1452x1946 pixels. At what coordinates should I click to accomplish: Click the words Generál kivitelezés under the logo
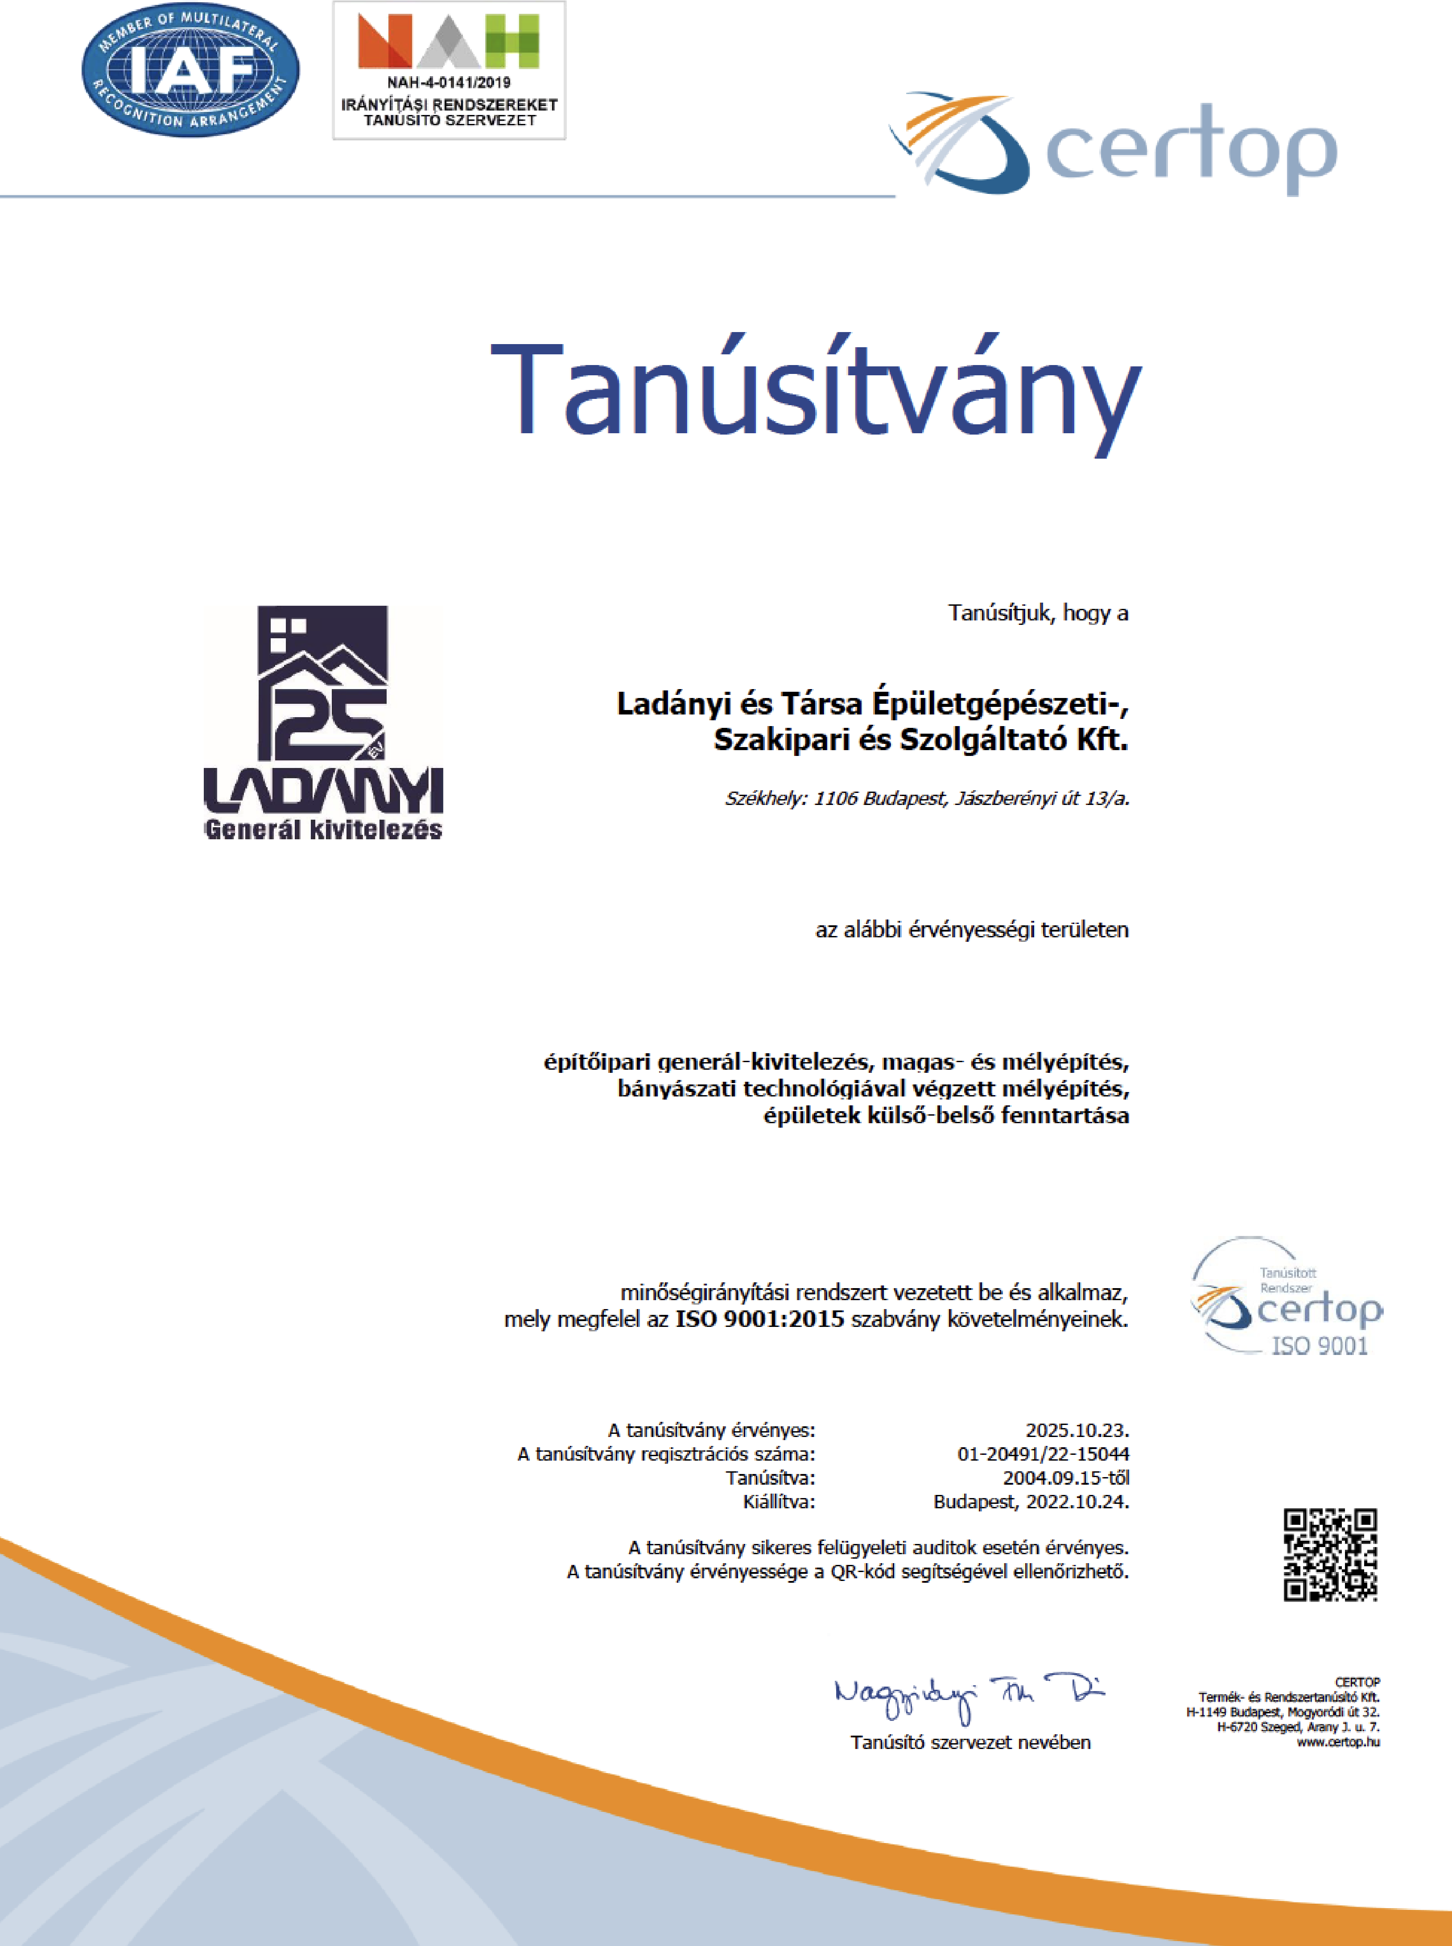coord(323,829)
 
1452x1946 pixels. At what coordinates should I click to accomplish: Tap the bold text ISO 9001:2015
coord(759,1319)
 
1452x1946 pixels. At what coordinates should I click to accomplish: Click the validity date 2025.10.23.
coord(1077,1430)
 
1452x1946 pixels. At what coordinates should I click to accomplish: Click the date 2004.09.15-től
coord(1065,1478)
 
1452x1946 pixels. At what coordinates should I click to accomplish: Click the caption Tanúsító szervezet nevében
coord(970,1742)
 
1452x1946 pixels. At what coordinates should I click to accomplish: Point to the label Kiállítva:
coord(779,1502)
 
